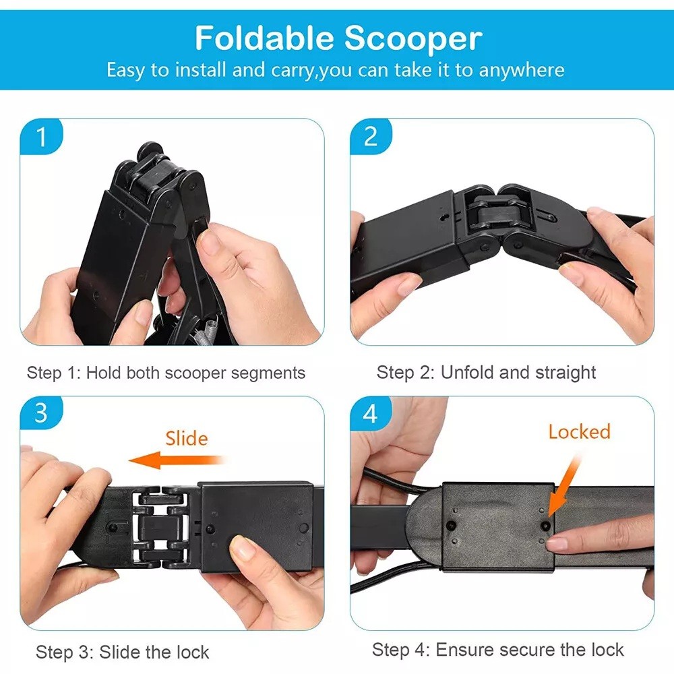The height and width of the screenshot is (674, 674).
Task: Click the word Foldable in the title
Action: (264, 38)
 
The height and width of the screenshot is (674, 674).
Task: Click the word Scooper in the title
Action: (413, 38)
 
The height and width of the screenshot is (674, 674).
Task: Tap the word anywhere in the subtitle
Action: (522, 70)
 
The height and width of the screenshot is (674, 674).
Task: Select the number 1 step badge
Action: (41, 137)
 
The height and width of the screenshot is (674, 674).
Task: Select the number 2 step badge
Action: (371, 136)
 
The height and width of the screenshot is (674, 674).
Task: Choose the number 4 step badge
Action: (371, 414)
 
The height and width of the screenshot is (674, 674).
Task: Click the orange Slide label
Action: (187, 439)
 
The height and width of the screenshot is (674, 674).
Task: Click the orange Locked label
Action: (580, 431)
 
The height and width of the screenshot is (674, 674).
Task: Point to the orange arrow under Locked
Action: (565, 487)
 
